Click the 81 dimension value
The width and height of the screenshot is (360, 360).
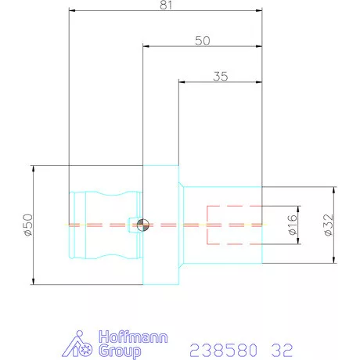click(166, 5)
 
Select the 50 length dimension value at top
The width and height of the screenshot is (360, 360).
click(203, 41)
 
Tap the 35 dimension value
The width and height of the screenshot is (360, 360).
click(221, 77)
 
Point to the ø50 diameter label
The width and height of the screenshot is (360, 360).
click(28, 225)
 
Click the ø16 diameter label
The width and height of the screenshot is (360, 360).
click(293, 225)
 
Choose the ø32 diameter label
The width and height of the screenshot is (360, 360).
click(329, 225)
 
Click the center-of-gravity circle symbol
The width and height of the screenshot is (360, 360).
click(143, 225)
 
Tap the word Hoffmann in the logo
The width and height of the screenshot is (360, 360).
click(133, 337)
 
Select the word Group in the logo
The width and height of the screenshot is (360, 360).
click(121, 351)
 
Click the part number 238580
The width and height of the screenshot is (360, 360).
click(223, 350)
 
